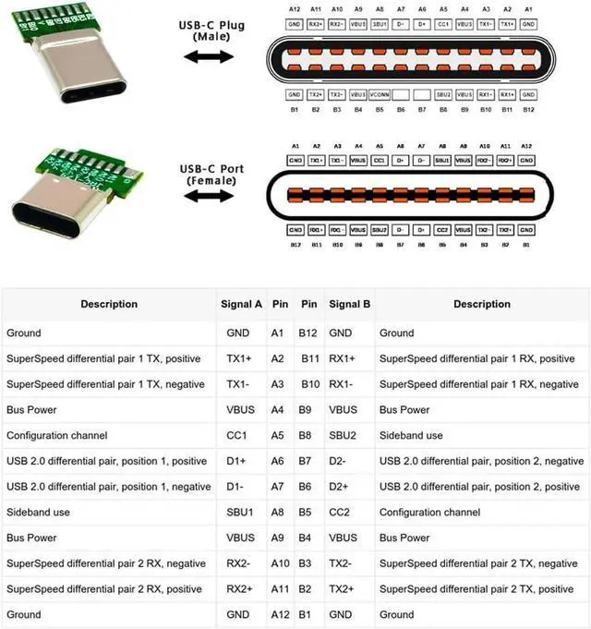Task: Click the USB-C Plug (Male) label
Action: tap(211, 30)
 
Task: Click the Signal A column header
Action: tap(244, 304)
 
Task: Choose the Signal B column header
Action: tap(349, 304)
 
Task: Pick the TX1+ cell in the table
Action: tap(238, 358)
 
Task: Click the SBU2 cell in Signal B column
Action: tap(343, 435)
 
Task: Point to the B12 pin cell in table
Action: tap(308, 333)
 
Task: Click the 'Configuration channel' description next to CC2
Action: tap(429, 512)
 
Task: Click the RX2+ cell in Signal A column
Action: tap(238, 588)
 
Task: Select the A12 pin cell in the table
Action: tap(279, 614)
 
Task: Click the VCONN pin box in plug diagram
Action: tap(379, 94)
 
